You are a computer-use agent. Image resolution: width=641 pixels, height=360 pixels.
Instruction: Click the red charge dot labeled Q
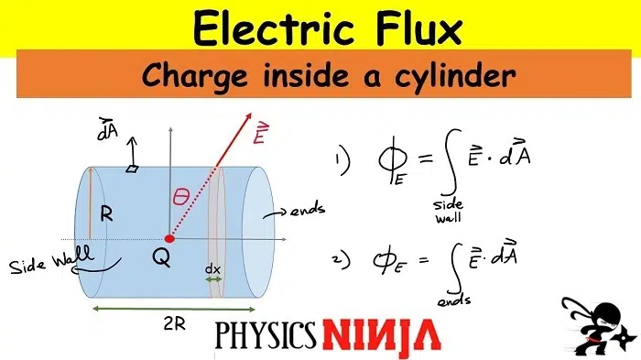[x=168, y=239]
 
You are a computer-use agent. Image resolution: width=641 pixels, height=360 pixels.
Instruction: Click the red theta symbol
[x=181, y=198]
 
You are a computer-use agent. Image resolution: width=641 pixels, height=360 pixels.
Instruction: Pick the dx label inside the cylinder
[x=212, y=269]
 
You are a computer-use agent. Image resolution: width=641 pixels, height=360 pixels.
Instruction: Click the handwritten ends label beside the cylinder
[x=309, y=211]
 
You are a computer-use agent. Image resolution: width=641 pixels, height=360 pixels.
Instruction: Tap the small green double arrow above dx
[x=212, y=280]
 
